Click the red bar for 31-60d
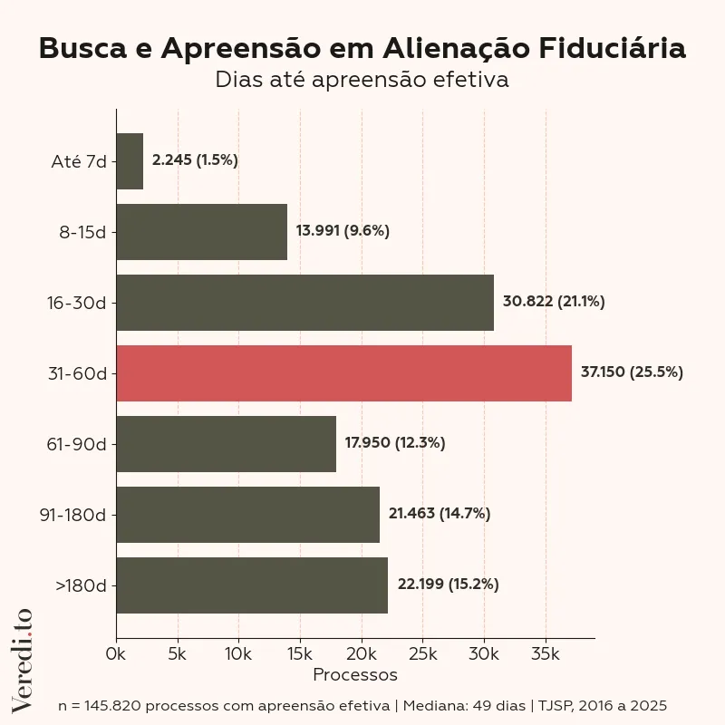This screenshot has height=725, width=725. (x=343, y=373)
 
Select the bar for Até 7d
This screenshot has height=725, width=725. (x=130, y=161)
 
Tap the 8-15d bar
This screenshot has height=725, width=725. (x=201, y=232)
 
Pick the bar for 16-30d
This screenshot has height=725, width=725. (x=304, y=303)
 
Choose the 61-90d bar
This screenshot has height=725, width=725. (x=226, y=444)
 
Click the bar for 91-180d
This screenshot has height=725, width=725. (x=247, y=515)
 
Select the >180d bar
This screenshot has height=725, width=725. (x=252, y=585)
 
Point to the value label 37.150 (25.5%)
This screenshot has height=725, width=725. (x=632, y=372)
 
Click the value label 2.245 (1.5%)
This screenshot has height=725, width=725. (x=195, y=160)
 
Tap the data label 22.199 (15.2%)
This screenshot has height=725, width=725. (x=448, y=585)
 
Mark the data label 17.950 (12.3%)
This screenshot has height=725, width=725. (x=395, y=443)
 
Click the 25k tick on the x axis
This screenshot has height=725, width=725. (x=423, y=653)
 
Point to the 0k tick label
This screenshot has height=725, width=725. (x=116, y=653)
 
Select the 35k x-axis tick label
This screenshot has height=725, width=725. (x=546, y=653)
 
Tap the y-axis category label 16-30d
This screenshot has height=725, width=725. (x=77, y=303)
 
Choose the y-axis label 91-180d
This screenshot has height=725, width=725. (x=72, y=515)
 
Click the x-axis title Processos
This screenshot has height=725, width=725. (x=355, y=675)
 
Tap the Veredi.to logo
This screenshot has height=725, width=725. (x=22, y=659)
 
